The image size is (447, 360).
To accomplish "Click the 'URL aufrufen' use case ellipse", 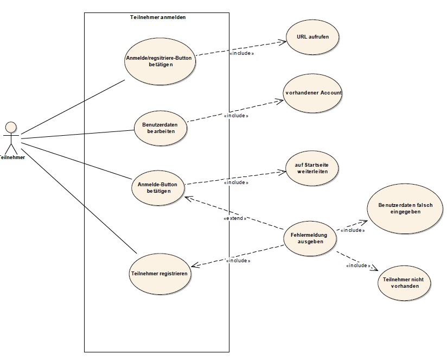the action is point(312,37).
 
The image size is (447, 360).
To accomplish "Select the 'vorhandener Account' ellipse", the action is point(312,93).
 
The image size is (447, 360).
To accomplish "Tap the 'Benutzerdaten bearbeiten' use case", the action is point(161,128).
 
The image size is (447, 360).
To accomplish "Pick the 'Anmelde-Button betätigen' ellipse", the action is point(158,187).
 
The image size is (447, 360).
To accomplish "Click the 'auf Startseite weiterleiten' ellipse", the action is point(312,168).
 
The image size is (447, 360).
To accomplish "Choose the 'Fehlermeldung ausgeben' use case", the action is point(310,238).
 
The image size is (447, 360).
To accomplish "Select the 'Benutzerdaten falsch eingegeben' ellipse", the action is point(405,209).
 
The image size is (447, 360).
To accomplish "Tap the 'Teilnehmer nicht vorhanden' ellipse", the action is point(404,283).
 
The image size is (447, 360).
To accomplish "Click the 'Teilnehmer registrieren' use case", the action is point(159,274).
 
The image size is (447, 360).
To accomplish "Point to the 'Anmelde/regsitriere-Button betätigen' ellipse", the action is point(160,61).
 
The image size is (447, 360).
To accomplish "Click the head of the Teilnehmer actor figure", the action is point(11,127).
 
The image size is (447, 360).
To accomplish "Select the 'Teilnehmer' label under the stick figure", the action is point(12,157).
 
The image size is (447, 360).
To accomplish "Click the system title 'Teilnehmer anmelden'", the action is point(158,17).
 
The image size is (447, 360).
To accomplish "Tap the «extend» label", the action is point(235,218).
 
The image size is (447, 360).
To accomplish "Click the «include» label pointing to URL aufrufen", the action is point(241,53).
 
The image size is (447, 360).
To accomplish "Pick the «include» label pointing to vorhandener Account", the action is point(236,116).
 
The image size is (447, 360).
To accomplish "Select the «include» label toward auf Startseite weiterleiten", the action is point(236,182).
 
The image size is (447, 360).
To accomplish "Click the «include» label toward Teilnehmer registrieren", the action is point(238,261).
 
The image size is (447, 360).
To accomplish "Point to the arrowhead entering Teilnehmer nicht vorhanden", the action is point(375,268).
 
